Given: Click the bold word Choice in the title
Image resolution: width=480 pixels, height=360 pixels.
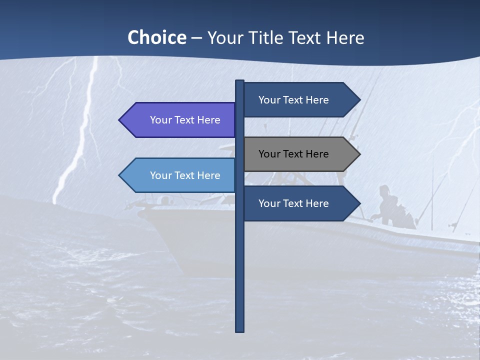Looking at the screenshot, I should (156, 37).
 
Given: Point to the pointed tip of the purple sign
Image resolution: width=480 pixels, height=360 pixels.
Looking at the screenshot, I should (120, 120).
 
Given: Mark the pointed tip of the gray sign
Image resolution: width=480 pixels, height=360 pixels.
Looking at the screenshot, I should (359, 154).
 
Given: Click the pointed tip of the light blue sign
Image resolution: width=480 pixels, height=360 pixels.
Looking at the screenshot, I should (120, 175).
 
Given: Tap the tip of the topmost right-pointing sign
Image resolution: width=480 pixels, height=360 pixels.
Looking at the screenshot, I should (359, 100).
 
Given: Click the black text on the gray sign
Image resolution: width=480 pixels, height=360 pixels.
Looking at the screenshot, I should (293, 154).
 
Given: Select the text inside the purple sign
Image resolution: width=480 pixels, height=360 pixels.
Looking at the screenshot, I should (185, 120).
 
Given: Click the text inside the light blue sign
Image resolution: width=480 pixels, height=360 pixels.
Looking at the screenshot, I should (185, 175).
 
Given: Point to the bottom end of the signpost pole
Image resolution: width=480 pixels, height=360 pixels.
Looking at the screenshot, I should (239, 330).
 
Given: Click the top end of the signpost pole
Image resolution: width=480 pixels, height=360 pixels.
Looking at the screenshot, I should (239, 81).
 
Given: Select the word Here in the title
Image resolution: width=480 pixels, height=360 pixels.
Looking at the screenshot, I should (345, 37).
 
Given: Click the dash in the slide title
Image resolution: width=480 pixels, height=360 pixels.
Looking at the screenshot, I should (196, 38).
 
